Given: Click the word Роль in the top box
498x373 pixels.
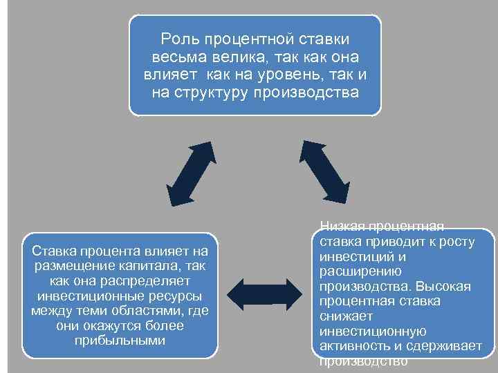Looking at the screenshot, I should pyautogui.click(x=177, y=39).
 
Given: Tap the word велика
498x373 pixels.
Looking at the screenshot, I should pyautogui.click(x=234, y=56).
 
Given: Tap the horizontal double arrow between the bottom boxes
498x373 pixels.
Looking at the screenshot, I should pyautogui.click(x=265, y=292).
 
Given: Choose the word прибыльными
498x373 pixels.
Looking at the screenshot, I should pyautogui.click(x=120, y=341).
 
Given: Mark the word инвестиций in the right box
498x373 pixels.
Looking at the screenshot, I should pyautogui.click(x=349, y=256).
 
